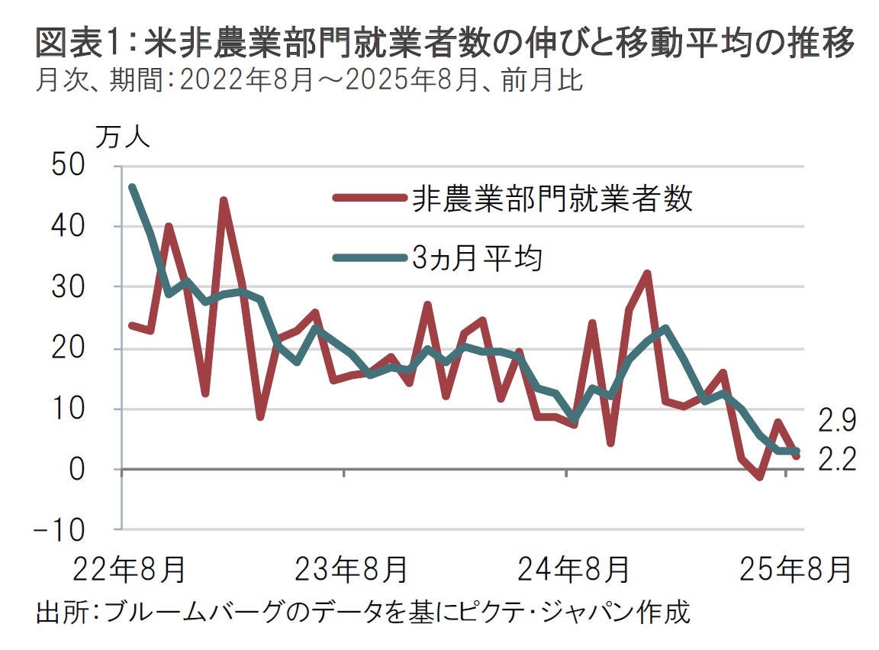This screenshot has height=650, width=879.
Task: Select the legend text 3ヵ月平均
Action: [x=476, y=258]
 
